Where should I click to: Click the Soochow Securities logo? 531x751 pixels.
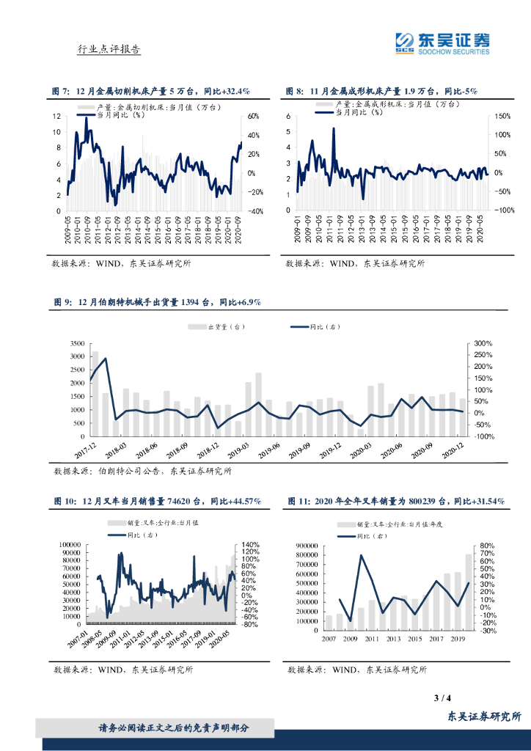(x=442, y=43)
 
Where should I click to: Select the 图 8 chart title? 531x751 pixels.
(x=381, y=92)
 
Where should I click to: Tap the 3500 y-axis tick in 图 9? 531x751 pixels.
(x=77, y=344)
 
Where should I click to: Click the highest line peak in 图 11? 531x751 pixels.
(x=362, y=555)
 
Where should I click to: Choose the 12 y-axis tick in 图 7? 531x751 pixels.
(x=56, y=117)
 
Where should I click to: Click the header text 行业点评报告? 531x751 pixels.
(x=109, y=49)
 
